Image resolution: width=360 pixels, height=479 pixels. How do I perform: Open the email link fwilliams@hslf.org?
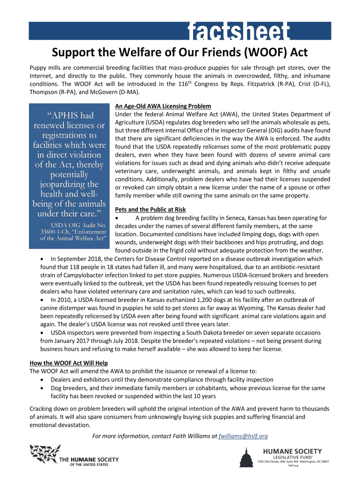(x=243, y=436)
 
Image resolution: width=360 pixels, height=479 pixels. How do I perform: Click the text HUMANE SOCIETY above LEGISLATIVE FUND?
(x=292, y=451)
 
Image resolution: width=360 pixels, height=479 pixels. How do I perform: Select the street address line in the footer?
(x=293, y=462)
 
